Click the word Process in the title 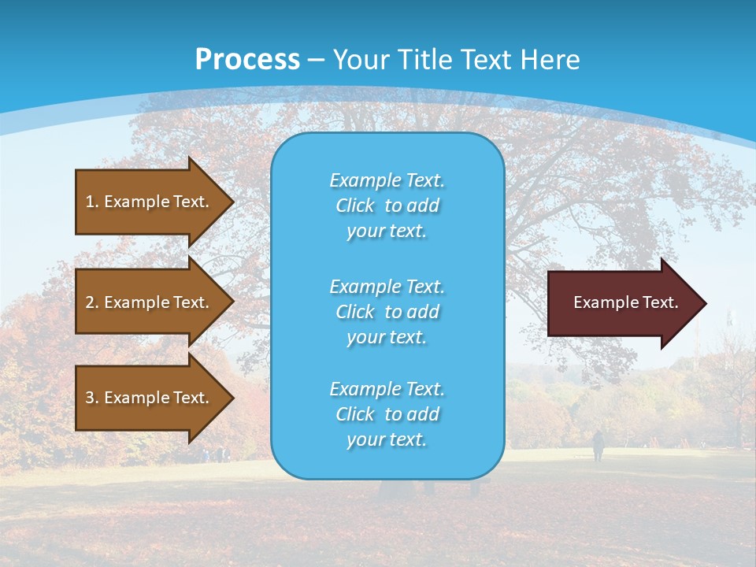247,60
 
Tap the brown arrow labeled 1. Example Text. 150,202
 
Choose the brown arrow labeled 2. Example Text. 150,302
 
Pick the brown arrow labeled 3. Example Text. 150,398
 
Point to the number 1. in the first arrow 92,202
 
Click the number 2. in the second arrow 92,302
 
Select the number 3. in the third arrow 92,398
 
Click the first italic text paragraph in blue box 387,206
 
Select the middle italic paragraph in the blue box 387,312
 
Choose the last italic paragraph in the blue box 387,414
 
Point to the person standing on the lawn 598,446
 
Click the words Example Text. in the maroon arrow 625,302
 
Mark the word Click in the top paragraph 355,206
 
